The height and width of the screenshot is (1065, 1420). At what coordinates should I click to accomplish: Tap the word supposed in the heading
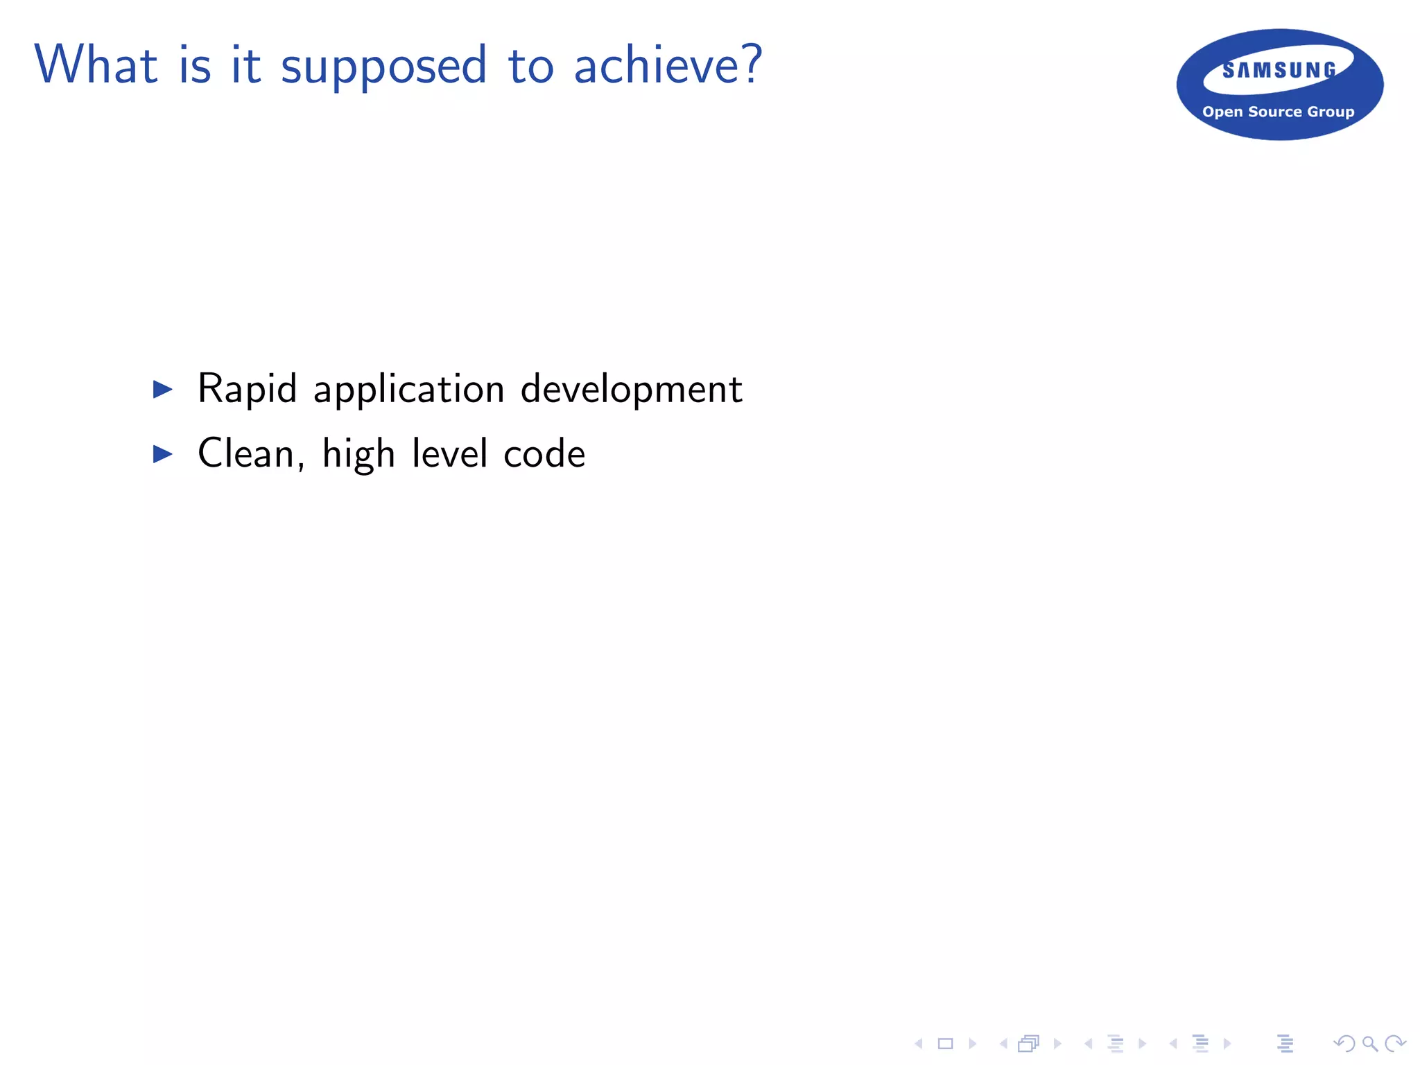coord(383,67)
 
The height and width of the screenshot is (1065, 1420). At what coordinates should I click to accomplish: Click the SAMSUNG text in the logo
coord(1279,71)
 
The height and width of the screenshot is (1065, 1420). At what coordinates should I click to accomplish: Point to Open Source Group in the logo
coord(1278,112)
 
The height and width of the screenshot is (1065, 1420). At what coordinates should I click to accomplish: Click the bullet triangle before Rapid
coord(162,389)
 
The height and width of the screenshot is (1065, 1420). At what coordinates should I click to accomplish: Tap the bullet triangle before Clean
coord(162,454)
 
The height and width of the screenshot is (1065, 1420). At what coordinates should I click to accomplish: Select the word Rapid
coord(248,389)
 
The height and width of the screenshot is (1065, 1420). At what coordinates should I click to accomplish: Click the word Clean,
coord(251,454)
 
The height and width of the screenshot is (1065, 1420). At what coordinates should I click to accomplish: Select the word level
coord(450,454)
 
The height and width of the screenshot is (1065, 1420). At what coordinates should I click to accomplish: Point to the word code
coord(544,454)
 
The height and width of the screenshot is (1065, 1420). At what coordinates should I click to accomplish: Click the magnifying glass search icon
coord(1369,1044)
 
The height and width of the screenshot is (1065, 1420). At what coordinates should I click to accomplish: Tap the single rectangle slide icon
coord(945,1044)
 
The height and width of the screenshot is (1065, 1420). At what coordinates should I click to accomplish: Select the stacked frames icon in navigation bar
coord(1029,1044)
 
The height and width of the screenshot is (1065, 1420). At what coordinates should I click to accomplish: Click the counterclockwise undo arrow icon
coord(1344,1044)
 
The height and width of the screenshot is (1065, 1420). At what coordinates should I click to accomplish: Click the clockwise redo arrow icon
coord(1395,1044)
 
